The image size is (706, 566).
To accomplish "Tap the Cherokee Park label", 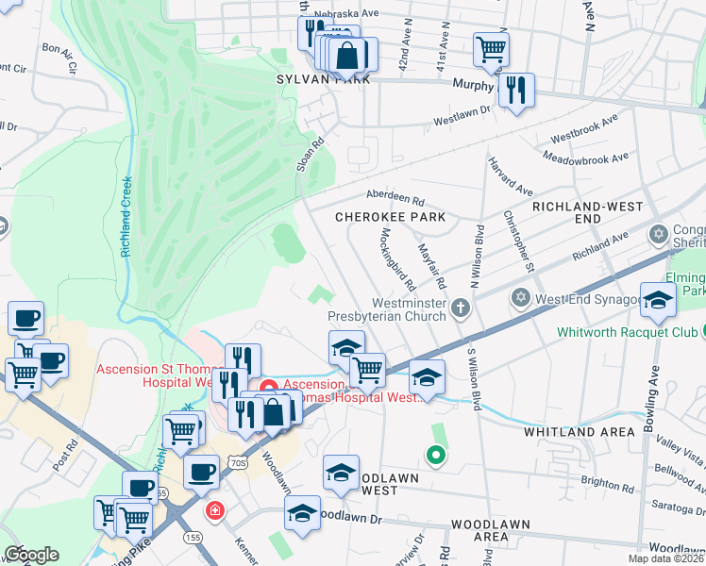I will tap(391, 217).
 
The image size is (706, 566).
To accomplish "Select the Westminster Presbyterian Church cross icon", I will tap(460, 307).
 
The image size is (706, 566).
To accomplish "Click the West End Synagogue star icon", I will tap(519, 298).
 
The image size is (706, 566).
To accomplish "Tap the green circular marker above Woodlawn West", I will tap(435, 457).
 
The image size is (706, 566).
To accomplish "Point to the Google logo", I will tap(30, 555).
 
